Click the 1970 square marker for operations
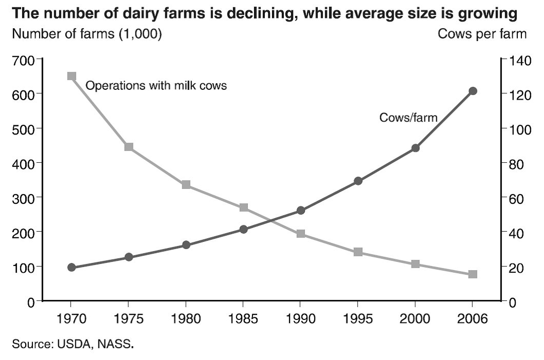coord(71,76)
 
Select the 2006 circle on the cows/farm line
coord(473,91)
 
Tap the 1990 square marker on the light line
coord(301,234)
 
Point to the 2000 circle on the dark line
coord(415,148)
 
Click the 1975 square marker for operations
coord(129,147)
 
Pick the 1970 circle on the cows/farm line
coord(71,268)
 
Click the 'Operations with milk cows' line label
coord(156,86)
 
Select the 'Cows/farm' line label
coord(408,118)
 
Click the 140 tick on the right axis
coord(517,60)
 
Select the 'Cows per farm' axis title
coord(482,34)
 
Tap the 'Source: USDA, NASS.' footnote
coord(72,344)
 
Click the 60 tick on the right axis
coord(515,198)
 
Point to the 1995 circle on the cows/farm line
coord(358,181)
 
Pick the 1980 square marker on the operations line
coord(186,185)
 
